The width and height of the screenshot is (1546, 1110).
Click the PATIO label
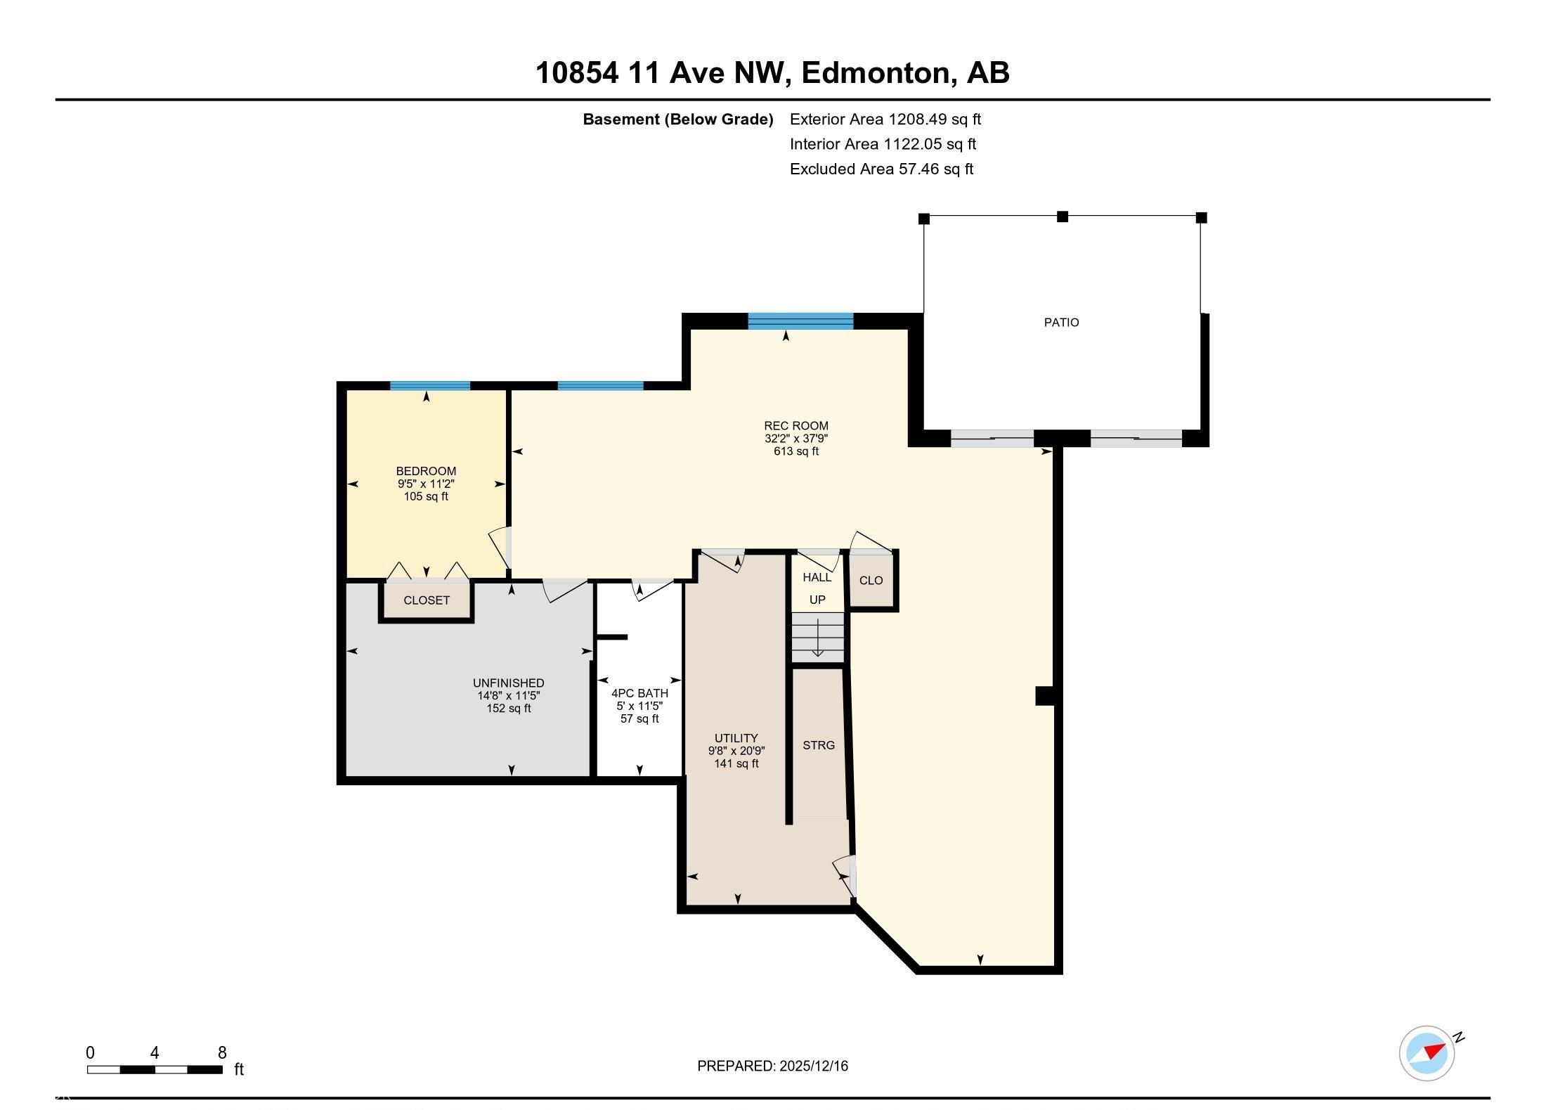click(1061, 323)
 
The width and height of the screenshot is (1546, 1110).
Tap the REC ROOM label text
click(796, 426)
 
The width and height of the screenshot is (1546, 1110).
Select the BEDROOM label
click(426, 471)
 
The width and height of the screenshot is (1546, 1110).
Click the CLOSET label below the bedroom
click(427, 600)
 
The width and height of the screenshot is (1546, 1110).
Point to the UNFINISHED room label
click(509, 683)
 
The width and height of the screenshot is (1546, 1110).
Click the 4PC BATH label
click(639, 693)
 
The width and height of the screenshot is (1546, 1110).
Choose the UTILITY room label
click(736, 738)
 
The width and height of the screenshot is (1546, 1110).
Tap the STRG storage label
click(819, 745)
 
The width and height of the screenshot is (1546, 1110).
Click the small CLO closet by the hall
click(871, 581)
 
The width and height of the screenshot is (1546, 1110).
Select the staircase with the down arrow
click(817, 637)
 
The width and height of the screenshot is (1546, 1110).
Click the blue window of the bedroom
click(430, 385)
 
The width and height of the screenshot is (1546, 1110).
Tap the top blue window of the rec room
click(800, 321)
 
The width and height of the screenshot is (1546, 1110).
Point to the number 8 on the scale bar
click(222, 1052)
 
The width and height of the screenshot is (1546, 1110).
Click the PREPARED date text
click(772, 1066)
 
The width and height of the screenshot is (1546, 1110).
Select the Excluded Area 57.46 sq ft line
click(881, 169)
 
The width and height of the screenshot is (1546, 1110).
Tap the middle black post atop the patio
click(1063, 217)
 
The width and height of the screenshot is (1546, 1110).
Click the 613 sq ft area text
click(796, 451)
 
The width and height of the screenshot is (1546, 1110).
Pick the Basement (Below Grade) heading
click(678, 120)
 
